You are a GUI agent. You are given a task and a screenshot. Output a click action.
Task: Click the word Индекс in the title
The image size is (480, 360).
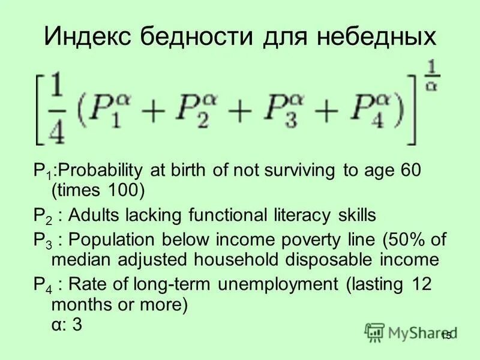pos(88,37)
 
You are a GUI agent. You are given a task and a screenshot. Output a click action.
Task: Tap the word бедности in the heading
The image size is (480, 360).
pos(201,37)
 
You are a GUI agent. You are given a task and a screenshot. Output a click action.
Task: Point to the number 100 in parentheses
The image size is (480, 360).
pos(124,191)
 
